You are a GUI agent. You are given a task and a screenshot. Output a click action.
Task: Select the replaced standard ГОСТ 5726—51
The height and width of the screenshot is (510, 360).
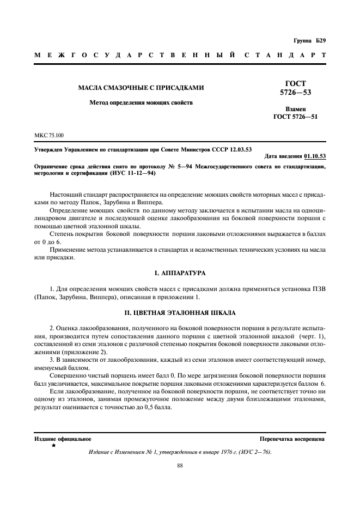point(295,117)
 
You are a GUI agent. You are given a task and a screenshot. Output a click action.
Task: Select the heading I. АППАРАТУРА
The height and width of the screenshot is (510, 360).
point(180,272)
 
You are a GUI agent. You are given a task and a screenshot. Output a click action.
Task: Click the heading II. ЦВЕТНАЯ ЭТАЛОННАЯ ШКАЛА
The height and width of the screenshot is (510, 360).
point(180,313)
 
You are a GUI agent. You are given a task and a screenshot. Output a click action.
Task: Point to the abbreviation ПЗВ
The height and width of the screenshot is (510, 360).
point(318,287)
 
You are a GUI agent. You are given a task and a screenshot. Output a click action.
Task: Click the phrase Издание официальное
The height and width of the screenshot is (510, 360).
point(63,439)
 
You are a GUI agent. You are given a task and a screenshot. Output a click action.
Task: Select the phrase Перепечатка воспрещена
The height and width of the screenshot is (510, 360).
point(292,439)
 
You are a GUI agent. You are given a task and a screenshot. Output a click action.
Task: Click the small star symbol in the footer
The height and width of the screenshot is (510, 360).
point(53,446)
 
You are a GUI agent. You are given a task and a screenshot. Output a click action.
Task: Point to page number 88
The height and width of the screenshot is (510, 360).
point(180,465)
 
